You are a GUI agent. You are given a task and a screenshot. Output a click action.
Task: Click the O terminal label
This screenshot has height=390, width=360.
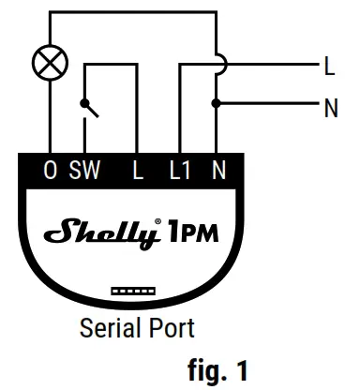pyautogui.click(x=50, y=171)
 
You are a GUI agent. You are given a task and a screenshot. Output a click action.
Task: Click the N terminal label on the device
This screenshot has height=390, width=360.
pyautogui.click(x=219, y=171)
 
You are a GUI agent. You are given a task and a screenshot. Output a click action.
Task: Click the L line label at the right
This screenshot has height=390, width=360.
pyautogui.click(x=329, y=66)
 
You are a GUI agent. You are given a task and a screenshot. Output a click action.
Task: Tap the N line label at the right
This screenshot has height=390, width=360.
pyautogui.click(x=330, y=107)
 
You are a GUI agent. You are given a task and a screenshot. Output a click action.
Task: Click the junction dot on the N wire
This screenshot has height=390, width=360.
pyautogui.click(x=217, y=102)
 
